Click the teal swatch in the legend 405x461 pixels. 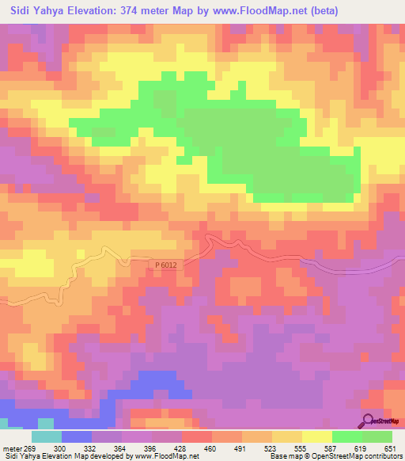coord(47,436)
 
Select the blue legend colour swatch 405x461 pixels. coord(77,436)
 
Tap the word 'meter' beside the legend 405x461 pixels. coord(11,448)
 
